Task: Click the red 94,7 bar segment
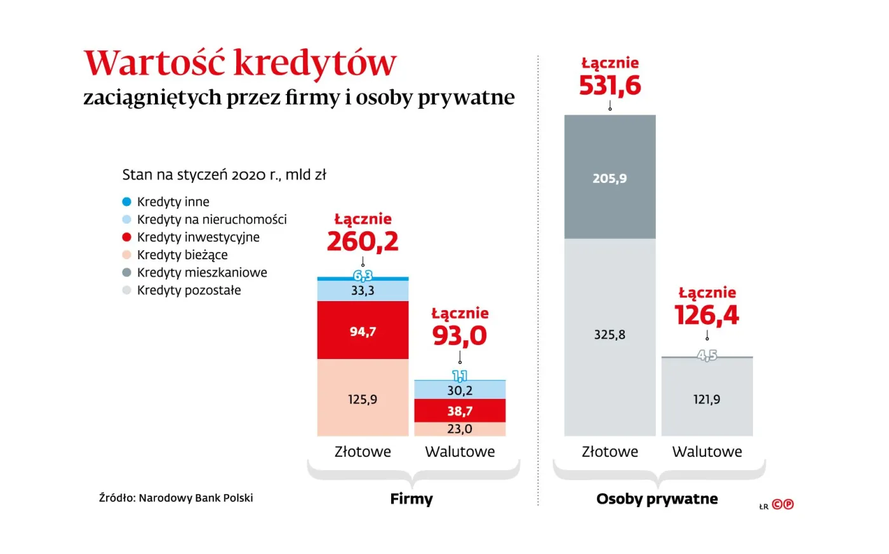tap(363, 330)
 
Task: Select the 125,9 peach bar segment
tap(363, 398)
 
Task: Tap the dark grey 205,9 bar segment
tap(610, 177)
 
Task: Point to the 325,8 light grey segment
tap(610, 335)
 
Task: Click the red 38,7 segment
tap(460, 411)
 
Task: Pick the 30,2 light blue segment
tap(460, 390)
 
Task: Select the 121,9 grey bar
tap(707, 399)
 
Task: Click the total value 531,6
tap(610, 85)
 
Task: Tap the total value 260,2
tap(363, 241)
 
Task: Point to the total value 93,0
tap(460, 335)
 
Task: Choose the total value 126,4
tap(707, 315)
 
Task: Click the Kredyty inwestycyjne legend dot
tap(126, 237)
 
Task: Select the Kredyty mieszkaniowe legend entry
tap(201, 273)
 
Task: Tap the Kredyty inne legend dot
tap(126, 201)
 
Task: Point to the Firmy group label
tap(411, 499)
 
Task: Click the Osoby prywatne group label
tap(657, 499)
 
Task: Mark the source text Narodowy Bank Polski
tap(196, 498)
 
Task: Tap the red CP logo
tap(783, 504)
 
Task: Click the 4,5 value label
tap(707, 355)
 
